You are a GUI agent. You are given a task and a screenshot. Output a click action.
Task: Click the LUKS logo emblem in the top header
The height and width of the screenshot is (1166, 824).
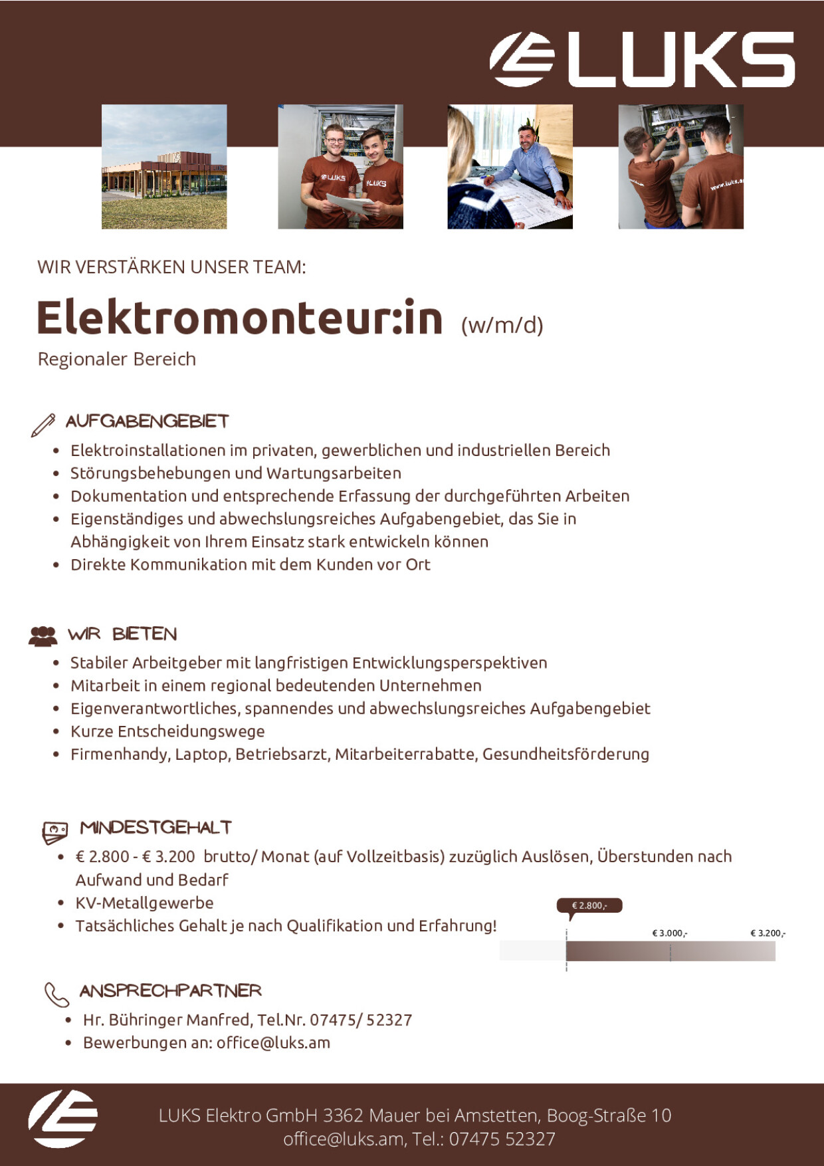click(x=522, y=59)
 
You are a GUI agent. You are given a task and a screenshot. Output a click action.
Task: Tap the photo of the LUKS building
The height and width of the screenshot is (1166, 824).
click(x=164, y=167)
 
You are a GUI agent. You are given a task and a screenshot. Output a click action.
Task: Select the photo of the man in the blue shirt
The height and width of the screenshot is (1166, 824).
click(x=510, y=167)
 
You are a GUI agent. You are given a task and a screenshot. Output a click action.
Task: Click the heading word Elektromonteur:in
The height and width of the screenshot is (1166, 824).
click(x=239, y=318)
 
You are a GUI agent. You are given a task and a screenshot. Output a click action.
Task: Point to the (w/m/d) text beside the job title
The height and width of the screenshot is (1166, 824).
click(x=502, y=325)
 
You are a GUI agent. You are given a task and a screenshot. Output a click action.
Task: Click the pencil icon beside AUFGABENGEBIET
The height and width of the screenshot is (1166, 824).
click(x=43, y=425)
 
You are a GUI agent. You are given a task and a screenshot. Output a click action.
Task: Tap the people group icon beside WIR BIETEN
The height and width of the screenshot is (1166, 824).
click(x=43, y=636)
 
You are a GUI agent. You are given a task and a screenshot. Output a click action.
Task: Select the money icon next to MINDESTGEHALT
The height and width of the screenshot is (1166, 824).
click(x=55, y=831)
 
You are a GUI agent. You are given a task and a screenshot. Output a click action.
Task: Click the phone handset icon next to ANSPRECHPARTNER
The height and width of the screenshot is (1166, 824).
click(x=56, y=994)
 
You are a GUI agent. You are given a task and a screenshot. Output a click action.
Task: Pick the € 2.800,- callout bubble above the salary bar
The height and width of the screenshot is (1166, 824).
click(x=589, y=905)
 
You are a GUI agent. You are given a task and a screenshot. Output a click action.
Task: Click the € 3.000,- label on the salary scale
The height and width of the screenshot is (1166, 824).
click(x=670, y=933)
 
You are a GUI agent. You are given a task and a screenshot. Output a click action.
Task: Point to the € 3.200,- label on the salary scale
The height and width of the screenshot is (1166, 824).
click(x=768, y=933)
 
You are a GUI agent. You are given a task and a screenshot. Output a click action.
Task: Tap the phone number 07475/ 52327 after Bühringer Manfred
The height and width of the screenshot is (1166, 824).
click(x=361, y=1020)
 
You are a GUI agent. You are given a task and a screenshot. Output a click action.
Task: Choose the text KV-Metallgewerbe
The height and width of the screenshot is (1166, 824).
click(x=144, y=903)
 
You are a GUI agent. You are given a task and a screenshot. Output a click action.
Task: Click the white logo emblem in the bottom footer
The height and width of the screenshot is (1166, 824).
click(x=62, y=1119)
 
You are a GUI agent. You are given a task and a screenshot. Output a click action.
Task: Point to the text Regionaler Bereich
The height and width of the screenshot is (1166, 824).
click(x=117, y=359)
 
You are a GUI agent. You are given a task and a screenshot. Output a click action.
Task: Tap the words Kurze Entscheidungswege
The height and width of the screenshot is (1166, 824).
click(x=167, y=731)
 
